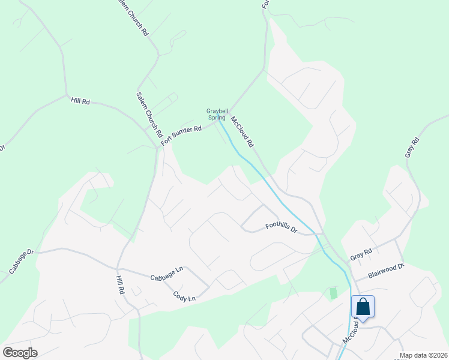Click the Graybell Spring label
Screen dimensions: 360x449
pos(216,114)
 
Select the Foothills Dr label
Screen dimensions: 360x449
pos(282,227)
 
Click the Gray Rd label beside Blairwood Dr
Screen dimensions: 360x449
pos(361,254)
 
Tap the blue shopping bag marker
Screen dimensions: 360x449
pos(363,307)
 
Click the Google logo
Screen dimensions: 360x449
pos(20,352)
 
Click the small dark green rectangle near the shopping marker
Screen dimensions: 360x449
pos(333,293)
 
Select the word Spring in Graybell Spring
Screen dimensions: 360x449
pos(217,118)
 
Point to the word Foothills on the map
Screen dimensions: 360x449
pos(278,227)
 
